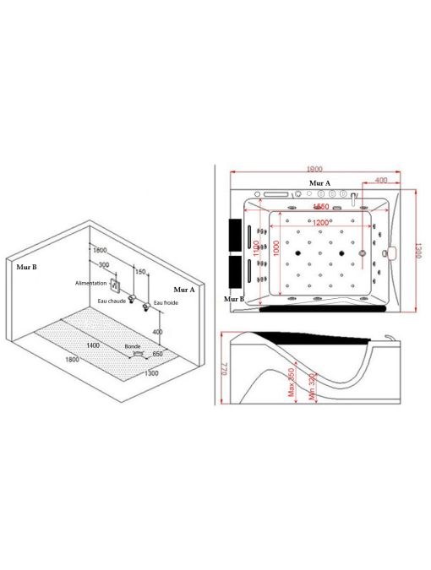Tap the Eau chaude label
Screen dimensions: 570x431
[112, 300]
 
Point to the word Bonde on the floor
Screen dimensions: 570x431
[132, 346]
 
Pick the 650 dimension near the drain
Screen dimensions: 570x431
[157, 354]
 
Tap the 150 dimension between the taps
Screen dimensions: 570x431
[140, 272]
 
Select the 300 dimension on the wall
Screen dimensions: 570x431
[102, 264]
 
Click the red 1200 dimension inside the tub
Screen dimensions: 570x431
[322, 222]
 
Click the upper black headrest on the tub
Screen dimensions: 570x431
[235, 231]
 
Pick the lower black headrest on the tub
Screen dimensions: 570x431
[235, 271]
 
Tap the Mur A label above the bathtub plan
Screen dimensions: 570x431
[319, 182]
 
